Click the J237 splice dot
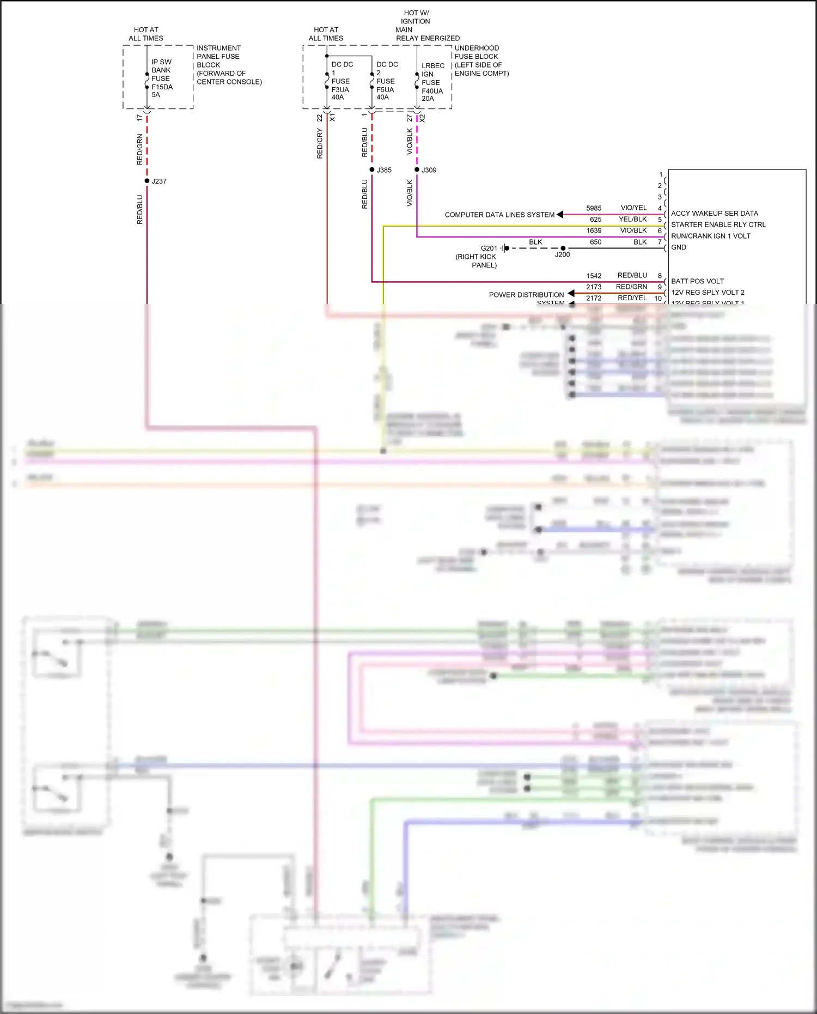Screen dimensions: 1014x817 coord(147,181)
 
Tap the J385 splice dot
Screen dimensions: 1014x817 coord(372,169)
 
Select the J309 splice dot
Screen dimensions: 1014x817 coord(417,169)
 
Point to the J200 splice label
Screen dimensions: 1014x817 coord(562,254)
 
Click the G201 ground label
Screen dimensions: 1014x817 coord(489,248)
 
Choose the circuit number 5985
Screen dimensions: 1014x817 coord(594,208)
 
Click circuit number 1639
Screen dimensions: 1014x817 coord(594,230)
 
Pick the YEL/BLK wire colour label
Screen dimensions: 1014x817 coord(632,219)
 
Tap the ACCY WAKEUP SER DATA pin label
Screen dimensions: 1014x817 coord(714,214)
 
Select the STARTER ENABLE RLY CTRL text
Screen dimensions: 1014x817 coord(718,224)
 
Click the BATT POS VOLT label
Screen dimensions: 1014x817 coord(697,281)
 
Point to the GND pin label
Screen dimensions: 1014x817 coord(679,247)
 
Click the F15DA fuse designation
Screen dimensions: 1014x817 coord(162,87)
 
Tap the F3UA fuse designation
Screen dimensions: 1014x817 coord(340,90)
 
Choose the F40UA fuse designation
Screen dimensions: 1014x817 coord(432,91)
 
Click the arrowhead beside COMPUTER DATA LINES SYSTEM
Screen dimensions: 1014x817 coord(560,215)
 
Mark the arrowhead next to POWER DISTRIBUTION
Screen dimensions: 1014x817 coord(571,294)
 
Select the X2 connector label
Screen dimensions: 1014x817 coord(422,118)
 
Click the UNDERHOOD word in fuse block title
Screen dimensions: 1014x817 coord(477,48)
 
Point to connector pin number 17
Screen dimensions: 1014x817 coord(139,118)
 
